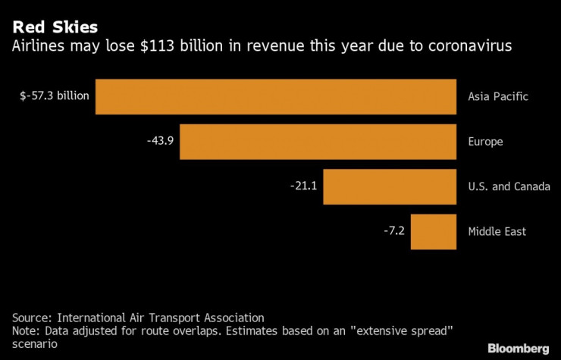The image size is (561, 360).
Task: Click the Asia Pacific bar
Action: [275, 96]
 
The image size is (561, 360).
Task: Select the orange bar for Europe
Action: [318, 142]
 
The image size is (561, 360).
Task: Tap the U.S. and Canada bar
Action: [390, 186]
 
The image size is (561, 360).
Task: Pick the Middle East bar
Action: [434, 232]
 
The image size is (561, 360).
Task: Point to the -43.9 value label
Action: [161, 142]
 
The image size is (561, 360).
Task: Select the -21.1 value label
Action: [304, 186]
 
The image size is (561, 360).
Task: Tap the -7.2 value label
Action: [394, 231]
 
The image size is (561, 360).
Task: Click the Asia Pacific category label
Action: [497, 96]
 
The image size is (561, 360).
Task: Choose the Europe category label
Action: [485, 142]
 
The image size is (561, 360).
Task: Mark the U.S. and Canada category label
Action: [509, 186]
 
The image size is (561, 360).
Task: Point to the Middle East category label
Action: [497, 232]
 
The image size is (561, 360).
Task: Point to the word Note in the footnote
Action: [25, 331]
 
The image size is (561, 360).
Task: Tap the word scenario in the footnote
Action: [33, 344]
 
